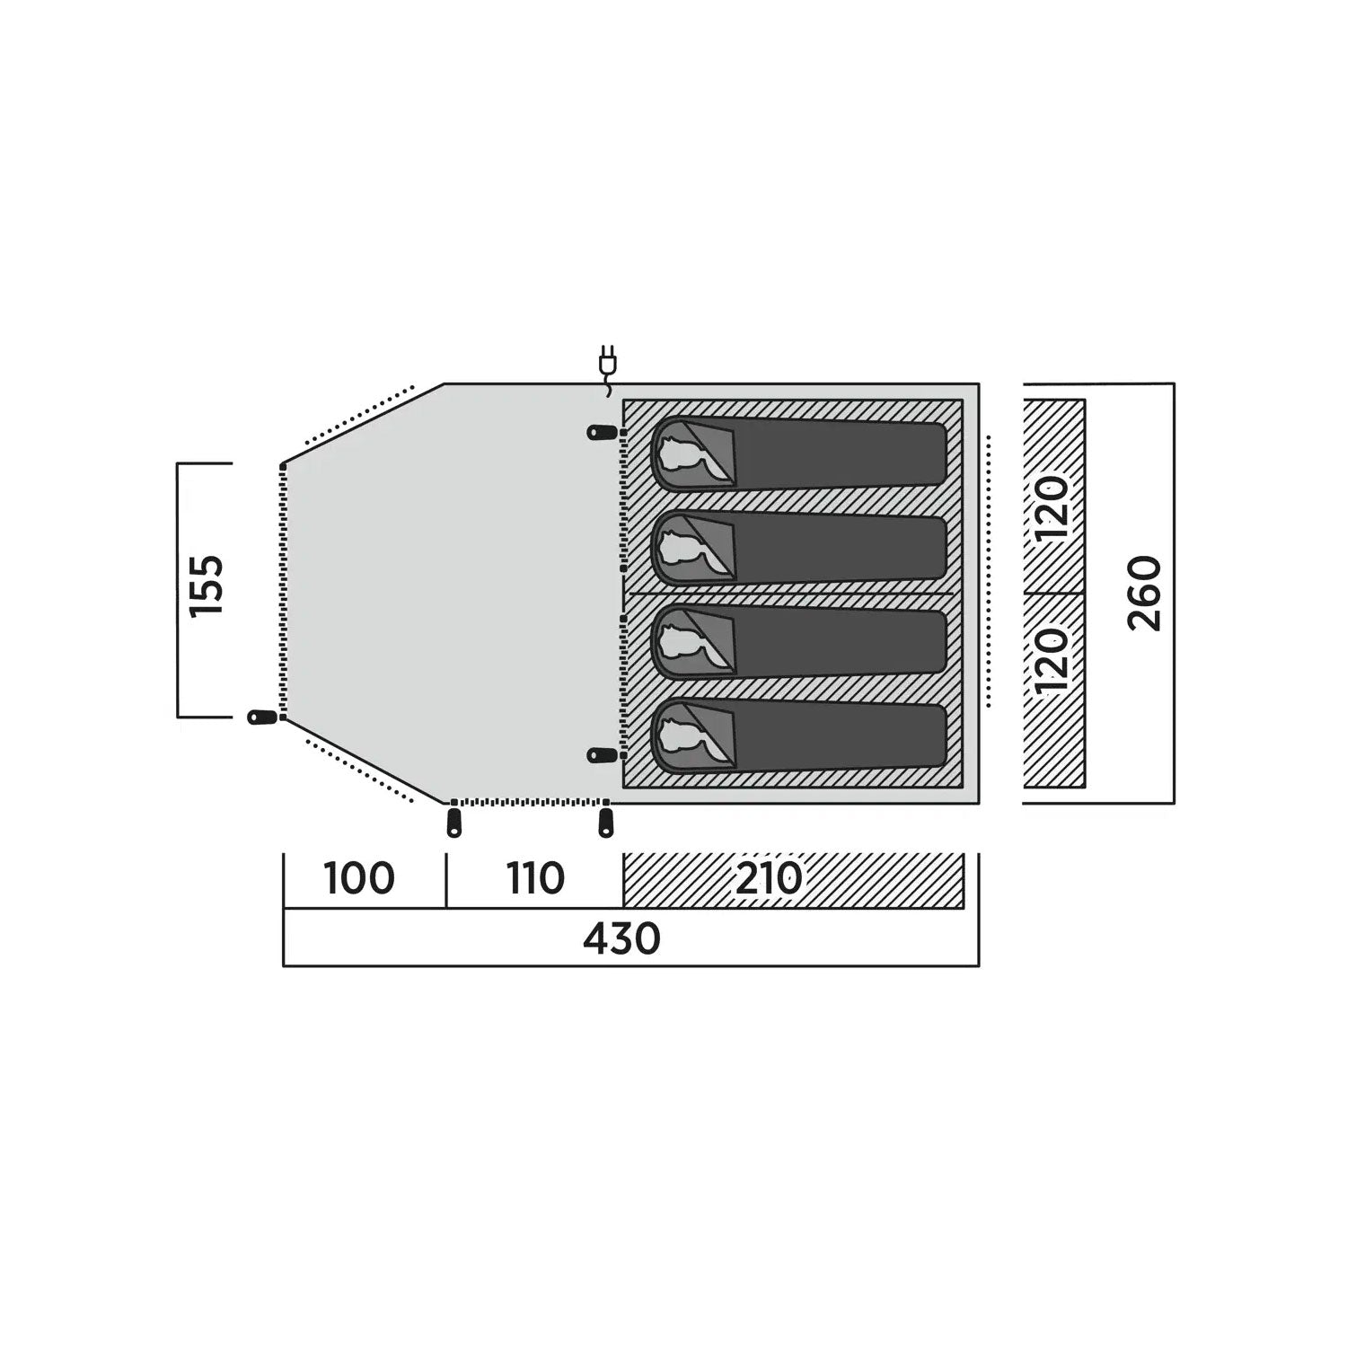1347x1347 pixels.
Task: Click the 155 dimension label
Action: coord(207,585)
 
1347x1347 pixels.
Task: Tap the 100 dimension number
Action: coord(359,878)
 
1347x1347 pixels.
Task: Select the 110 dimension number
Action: coord(535,878)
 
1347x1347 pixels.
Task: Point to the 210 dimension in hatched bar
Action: coord(769,878)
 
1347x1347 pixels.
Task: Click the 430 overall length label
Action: coord(621,938)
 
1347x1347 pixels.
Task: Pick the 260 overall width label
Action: coord(1145,594)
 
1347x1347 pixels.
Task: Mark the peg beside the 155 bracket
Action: coord(261,718)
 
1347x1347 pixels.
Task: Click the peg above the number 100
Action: coord(453,823)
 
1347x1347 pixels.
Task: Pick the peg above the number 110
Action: coord(606,823)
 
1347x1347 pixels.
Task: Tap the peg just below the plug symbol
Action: coord(602,433)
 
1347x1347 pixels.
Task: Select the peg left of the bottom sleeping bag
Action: coord(602,755)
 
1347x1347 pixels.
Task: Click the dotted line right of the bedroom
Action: coord(989,571)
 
